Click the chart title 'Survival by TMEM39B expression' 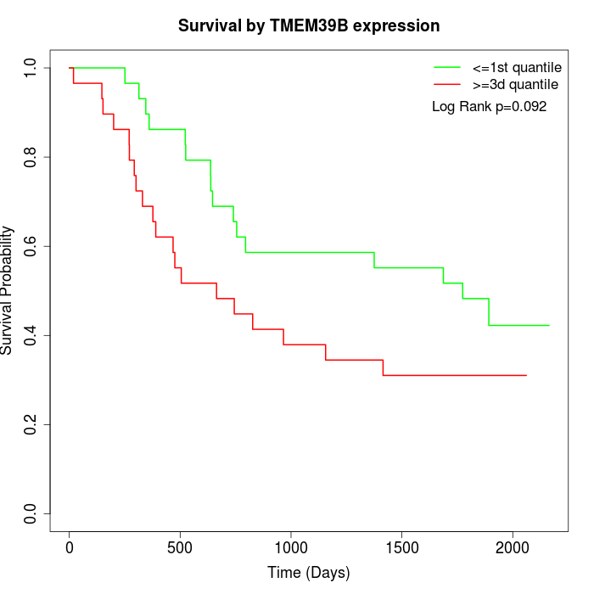pos(309,26)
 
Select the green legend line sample pos(446,66)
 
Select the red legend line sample pos(446,85)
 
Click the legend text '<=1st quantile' pos(517,66)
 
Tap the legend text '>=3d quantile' pos(516,85)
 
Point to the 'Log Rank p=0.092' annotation pos(489,107)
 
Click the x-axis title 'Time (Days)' pos(309,573)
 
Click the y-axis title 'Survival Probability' pos(8,290)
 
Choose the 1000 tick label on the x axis pos(291,548)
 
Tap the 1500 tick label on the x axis pos(401,548)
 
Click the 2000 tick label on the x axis pos(513,548)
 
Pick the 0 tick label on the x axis pos(70,548)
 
